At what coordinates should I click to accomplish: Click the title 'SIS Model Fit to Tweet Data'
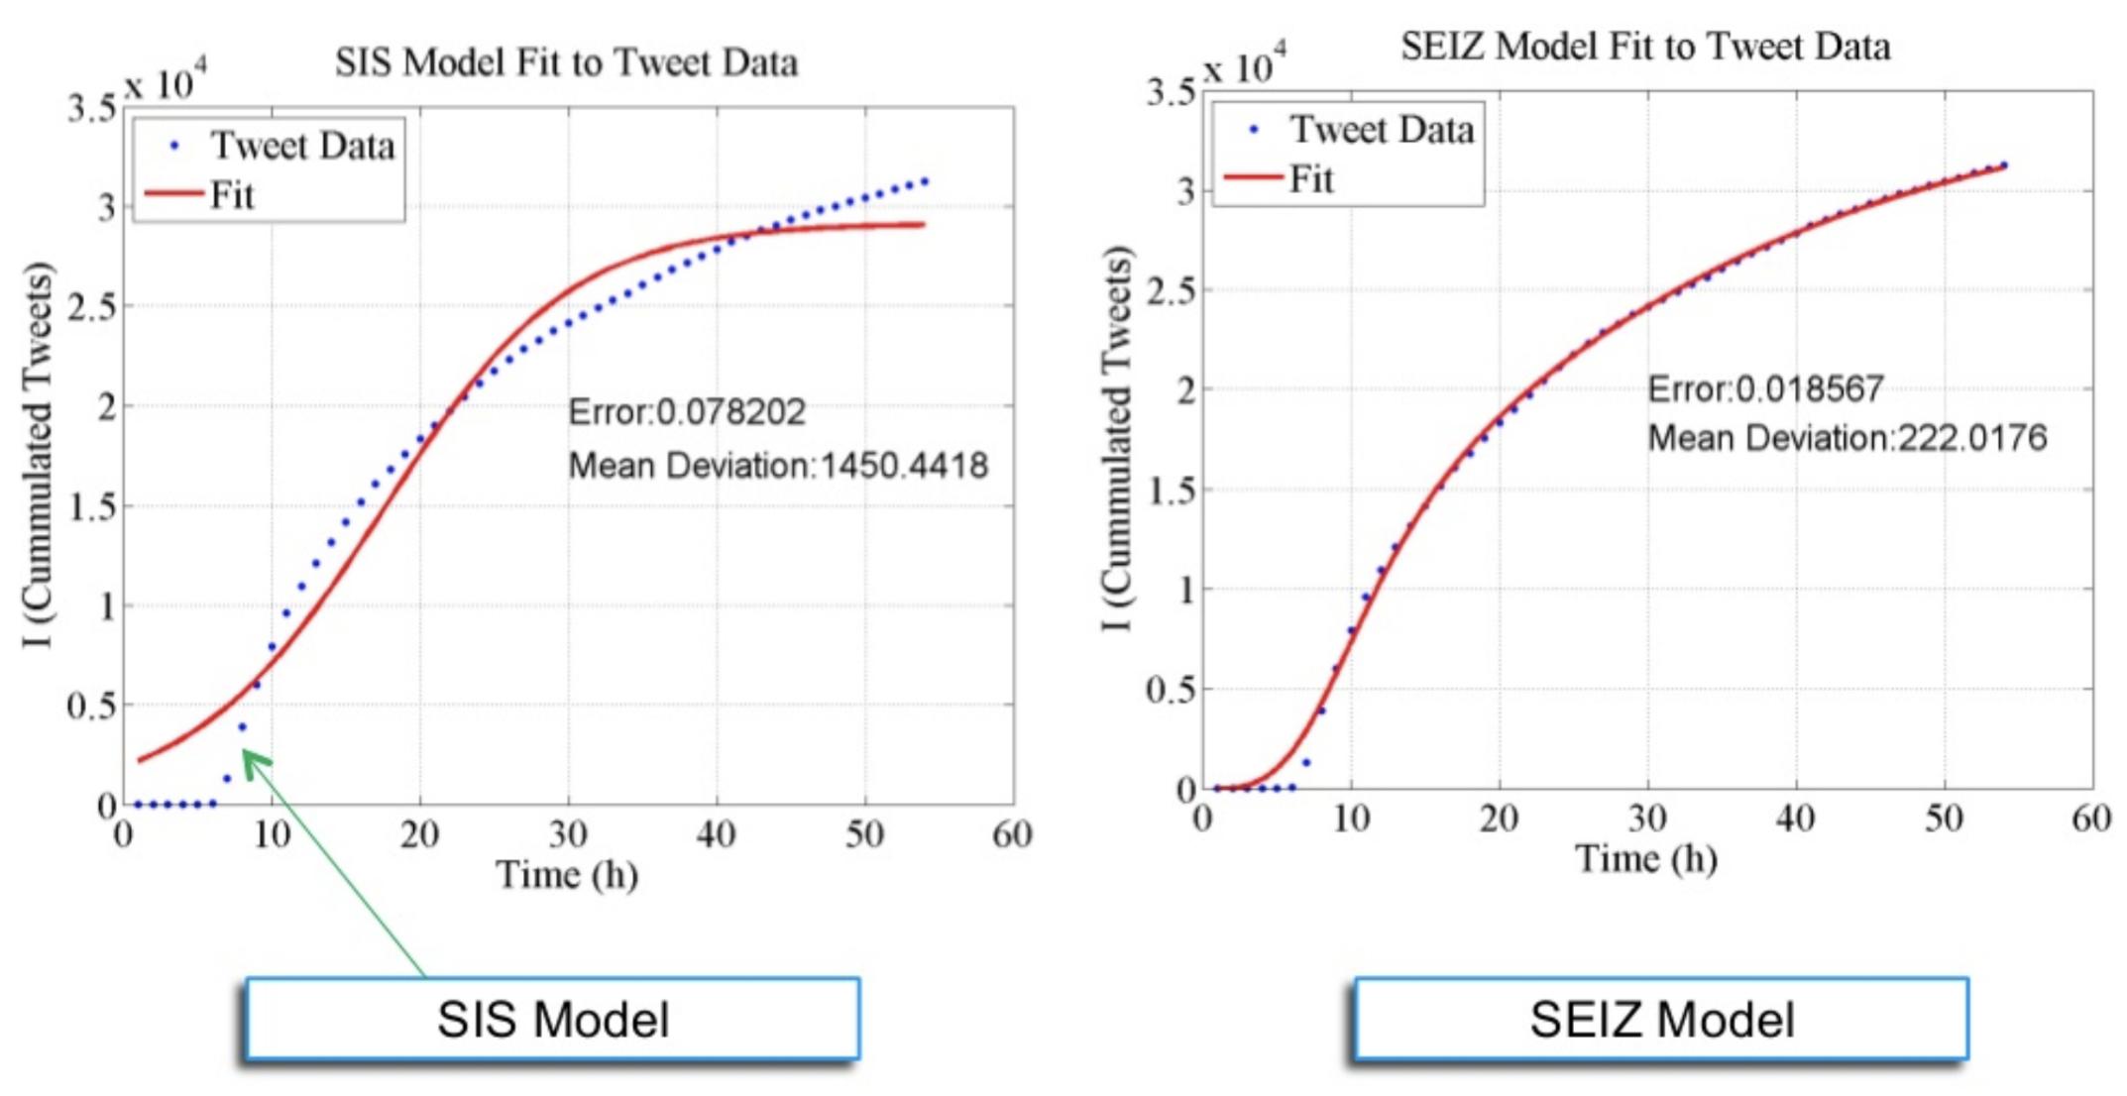566,62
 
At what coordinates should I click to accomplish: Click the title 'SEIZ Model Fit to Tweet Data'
1645,47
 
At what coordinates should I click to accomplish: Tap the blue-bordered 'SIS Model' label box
552,1019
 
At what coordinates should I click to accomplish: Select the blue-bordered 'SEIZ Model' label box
1661,1019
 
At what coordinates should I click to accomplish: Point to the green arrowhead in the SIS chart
254,763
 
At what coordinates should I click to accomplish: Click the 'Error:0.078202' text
687,411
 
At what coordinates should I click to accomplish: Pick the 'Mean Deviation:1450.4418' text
778,465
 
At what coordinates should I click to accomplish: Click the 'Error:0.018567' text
1765,388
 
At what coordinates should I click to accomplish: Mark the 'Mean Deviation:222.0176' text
1847,437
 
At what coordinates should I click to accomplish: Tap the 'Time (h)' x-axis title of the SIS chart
567,874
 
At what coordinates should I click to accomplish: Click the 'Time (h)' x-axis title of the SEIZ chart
1646,858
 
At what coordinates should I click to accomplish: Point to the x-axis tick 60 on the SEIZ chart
2091,819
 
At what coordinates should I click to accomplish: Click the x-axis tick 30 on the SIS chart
568,834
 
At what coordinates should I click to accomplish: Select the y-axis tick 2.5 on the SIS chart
91,307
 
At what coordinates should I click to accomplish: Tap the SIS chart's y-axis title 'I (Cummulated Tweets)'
38,455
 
